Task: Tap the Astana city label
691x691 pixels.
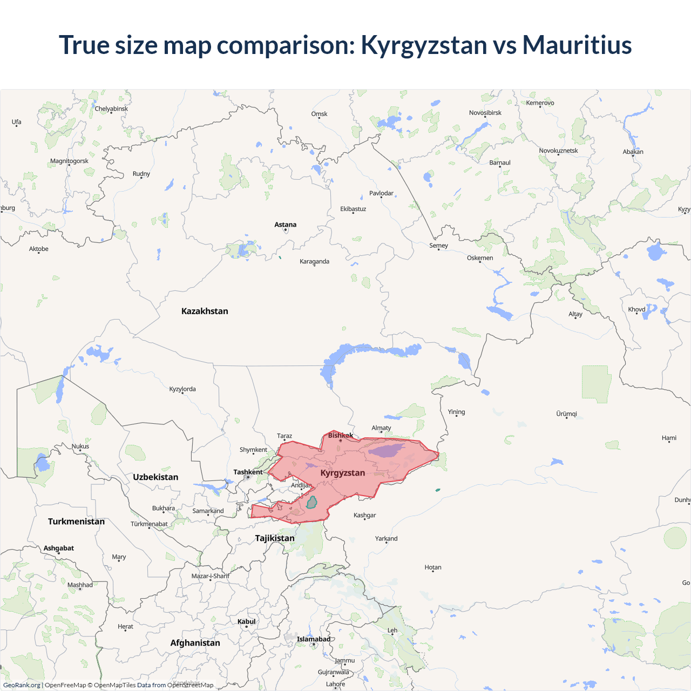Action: click(x=285, y=225)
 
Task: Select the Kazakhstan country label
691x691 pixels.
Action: click(x=205, y=311)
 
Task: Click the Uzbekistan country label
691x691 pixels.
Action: click(x=155, y=477)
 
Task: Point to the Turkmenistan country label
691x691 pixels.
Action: click(x=76, y=521)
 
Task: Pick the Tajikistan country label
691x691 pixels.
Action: click(x=275, y=538)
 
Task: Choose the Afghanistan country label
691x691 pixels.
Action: click(x=195, y=643)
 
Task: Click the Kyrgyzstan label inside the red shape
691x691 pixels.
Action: click(x=343, y=473)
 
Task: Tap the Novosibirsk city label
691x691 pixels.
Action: click(x=485, y=113)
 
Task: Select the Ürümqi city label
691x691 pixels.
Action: click(x=566, y=414)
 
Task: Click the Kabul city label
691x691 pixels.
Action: click(x=247, y=621)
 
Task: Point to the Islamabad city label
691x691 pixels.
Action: click(x=314, y=639)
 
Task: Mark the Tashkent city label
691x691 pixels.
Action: click(x=248, y=472)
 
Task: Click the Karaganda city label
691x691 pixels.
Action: click(x=314, y=261)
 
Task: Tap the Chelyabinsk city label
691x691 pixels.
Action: click(x=111, y=109)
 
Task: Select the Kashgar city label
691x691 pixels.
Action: click(x=364, y=515)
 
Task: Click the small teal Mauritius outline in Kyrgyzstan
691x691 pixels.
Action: click(x=311, y=503)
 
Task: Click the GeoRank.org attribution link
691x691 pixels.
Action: click(x=22, y=685)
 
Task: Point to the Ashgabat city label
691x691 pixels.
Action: click(x=59, y=548)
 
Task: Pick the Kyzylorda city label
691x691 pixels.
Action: click(x=182, y=389)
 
